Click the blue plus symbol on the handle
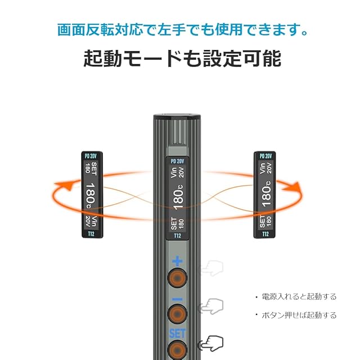click(177, 260)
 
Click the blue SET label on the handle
click(177, 333)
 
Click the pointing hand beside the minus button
click(213, 306)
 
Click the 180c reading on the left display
click(91, 195)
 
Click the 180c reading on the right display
click(265, 195)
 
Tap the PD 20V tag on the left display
click(91, 156)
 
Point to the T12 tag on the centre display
click(177, 236)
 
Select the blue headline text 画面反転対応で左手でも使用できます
click(180, 29)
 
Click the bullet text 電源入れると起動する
click(299, 296)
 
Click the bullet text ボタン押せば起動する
click(299, 315)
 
